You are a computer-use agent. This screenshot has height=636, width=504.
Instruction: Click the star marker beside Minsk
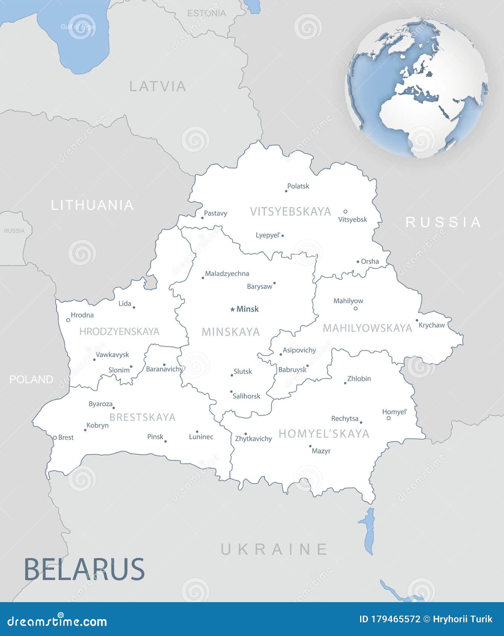coord(232,309)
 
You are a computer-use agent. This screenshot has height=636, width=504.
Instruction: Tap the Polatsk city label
coord(298,186)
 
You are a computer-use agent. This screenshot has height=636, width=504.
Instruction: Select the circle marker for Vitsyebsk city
coord(345,211)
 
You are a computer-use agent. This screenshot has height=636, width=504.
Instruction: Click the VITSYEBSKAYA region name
coord(290,211)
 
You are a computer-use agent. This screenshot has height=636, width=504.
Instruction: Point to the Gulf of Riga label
coord(78,27)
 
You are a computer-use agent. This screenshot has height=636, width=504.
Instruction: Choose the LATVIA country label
coord(158,87)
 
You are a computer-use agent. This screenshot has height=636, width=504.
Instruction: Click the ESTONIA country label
coord(206,13)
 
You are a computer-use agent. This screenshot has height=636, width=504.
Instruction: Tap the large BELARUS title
coord(84,569)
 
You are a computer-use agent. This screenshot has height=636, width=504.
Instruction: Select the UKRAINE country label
coord(274,549)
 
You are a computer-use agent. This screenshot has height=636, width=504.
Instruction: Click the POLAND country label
coord(31,379)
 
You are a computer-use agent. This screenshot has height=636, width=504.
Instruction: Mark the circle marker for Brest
coord(55,438)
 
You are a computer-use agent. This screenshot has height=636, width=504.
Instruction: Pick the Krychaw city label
coord(432,325)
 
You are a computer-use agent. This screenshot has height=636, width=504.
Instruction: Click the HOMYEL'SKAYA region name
coord(324,434)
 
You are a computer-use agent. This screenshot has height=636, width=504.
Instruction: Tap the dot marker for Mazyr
coord(310,446)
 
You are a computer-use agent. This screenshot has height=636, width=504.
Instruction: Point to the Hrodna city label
coord(82,315)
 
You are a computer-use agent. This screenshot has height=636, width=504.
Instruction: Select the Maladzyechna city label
coord(227,274)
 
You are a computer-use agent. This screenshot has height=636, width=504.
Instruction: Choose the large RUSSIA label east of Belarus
coord(443,222)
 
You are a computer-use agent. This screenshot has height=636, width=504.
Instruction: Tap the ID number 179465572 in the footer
coord(390,619)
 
